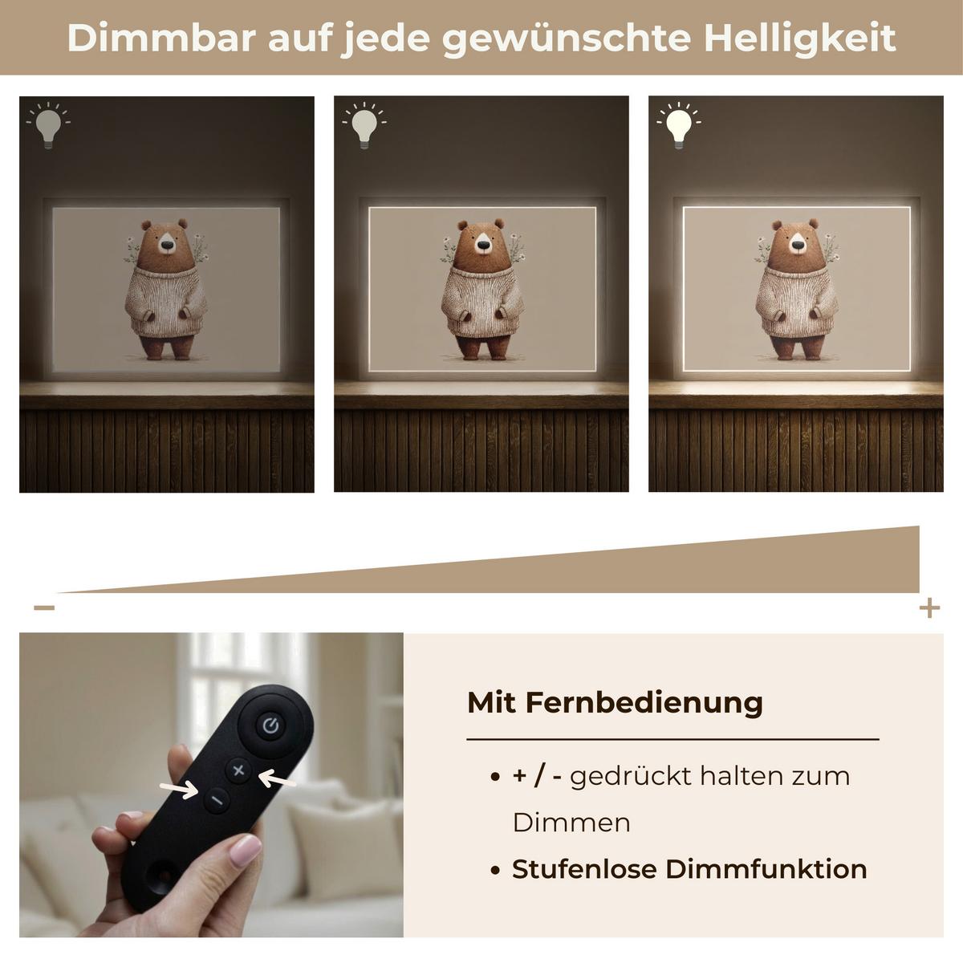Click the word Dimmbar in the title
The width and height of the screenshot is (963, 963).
click(x=161, y=38)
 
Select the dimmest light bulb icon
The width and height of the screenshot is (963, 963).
click(x=48, y=125)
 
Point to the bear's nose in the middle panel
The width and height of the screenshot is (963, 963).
click(x=483, y=245)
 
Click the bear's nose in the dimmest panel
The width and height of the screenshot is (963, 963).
click(x=168, y=245)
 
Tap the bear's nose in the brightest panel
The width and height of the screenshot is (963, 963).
click(x=798, y=245)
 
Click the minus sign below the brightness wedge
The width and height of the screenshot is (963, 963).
click(x=44, y=607)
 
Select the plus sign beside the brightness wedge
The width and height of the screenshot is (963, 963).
click(x=929, y=607)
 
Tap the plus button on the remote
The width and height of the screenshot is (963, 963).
click(x=239, y=770)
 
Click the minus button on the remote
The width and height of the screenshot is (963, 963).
click(x=217, y=800)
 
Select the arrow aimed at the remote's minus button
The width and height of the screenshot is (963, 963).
click(x=179, y=789)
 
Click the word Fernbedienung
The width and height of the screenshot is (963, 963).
click(x=644, y=703)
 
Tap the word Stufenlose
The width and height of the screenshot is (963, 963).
click(x=585, y=869)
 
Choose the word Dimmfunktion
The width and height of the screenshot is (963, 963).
click(x=766, y=869)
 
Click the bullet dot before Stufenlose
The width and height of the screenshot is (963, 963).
click(x=495, y=871)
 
